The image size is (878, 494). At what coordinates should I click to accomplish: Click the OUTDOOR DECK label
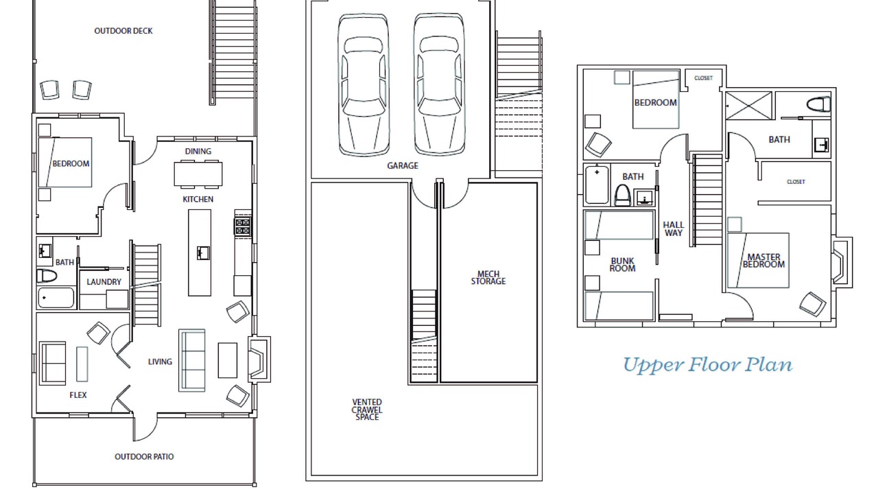coord(123,31)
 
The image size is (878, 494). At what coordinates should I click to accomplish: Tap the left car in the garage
coord(364,84)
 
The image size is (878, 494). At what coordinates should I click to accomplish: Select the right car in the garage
coord(439,84)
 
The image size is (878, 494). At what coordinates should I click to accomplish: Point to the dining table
coord(198,174)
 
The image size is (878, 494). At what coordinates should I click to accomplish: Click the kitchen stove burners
coord(243,226)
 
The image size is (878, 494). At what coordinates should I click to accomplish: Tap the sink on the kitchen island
coord(204,253)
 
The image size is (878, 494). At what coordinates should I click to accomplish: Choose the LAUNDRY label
coord(104,282)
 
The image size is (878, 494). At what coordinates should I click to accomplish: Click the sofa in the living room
coord(192,360)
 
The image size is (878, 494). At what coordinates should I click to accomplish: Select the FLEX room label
coord(78,395)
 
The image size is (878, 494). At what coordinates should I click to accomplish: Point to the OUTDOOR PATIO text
coord(144,457)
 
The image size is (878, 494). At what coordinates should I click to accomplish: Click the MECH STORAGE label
coord(488,278)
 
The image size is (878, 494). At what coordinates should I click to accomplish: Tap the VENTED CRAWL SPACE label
coord(367,410)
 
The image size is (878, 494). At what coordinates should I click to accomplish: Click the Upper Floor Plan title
coord(707,365)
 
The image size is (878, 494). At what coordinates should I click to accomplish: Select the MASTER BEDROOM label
coord(763,261)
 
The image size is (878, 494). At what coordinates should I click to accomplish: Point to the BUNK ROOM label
coord(622,265)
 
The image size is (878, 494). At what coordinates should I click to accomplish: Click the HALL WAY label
coord(674,229)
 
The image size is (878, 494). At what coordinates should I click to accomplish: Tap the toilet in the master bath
coord(818,104)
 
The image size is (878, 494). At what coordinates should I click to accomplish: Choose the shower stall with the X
coord(748,106)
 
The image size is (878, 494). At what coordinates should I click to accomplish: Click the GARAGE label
coord(403,166)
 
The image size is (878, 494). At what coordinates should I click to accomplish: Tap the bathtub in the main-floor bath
coord(56,298)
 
